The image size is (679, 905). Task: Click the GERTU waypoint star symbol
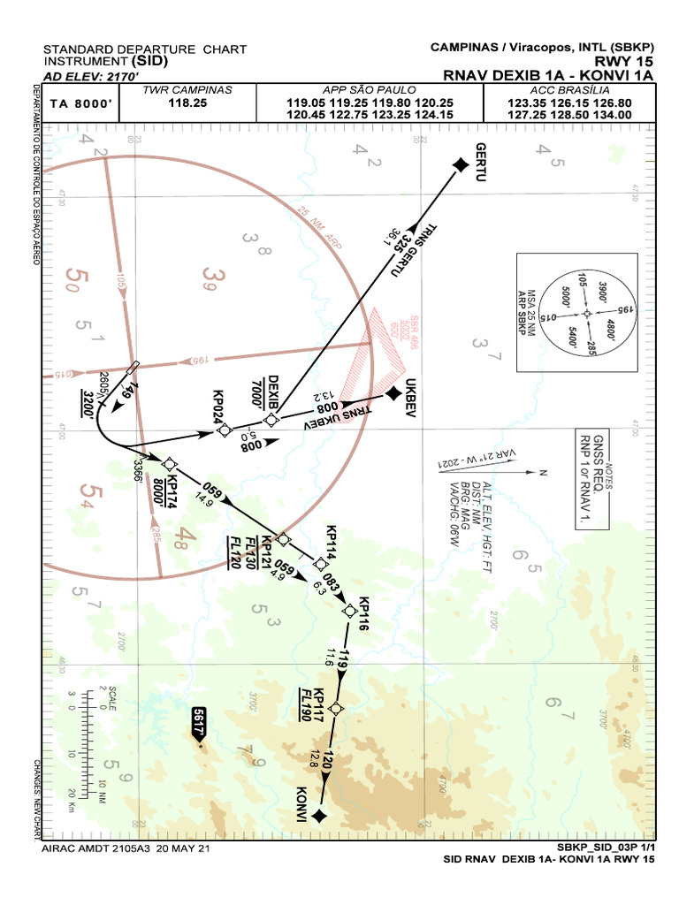[460, 164]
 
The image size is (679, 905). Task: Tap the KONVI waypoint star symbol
[319, 815]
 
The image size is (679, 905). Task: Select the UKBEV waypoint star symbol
[393, 393]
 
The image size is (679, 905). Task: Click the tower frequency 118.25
[187, 103]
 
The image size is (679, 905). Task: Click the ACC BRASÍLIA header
[568, 90]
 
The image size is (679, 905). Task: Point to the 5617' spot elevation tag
[200, 721]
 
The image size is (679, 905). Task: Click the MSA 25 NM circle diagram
[585, 313]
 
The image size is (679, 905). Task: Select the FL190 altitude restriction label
[304, 704]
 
